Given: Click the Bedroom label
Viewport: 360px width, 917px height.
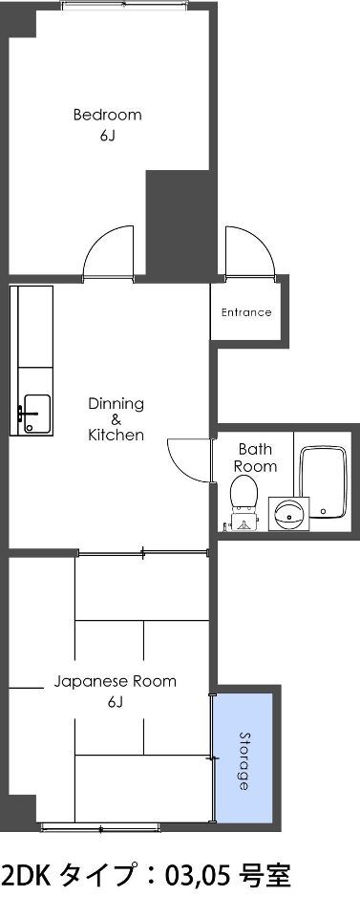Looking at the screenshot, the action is [x=108, y=115].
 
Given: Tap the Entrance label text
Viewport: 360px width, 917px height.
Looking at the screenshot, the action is [x=246, y=312].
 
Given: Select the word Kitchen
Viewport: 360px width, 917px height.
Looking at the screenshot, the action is [x=116, y=436].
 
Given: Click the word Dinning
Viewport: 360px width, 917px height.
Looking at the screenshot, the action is [x=116, y=403].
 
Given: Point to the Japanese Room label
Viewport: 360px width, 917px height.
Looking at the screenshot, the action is [x=116, y=682].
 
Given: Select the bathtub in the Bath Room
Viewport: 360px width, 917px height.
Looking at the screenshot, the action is [x=322, y=481].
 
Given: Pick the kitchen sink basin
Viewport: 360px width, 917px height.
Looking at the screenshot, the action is [x=37, y=414].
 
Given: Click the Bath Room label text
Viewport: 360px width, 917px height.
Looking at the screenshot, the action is [x=255, y=458].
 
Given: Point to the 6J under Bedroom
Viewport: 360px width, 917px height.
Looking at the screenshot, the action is [x=107, y=137].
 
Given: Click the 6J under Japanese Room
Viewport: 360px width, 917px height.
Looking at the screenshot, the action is [x=116, y=702].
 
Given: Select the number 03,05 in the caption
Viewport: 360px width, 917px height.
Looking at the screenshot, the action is [x=200, y=877].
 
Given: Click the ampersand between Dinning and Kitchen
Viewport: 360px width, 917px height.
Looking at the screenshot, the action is [x=116, y=419].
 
